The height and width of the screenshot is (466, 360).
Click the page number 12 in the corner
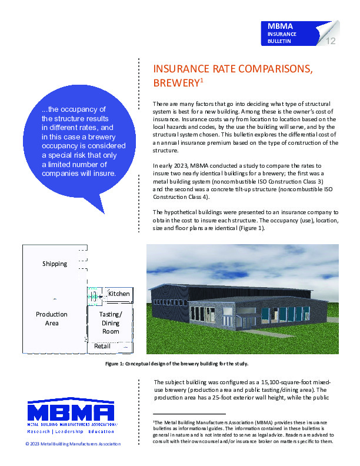330,41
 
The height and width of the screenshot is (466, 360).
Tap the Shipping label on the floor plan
55,264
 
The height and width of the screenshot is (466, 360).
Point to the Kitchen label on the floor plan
119,293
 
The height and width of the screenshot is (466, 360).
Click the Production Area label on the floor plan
52,318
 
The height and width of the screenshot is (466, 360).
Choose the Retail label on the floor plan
102,347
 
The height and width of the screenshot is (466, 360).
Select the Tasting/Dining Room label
111,322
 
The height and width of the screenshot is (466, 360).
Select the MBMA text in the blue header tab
279,26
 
